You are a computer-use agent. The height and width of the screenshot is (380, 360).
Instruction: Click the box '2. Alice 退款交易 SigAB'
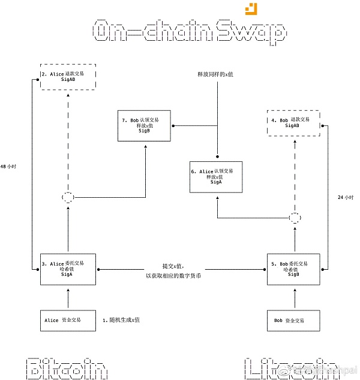click(67, 76)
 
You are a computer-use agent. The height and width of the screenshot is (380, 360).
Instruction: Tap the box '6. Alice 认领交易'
click(217, 177)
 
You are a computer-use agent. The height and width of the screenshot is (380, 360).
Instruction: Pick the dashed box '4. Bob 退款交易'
click(293, 123)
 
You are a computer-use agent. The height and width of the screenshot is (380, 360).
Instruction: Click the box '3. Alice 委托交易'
click(67, 269)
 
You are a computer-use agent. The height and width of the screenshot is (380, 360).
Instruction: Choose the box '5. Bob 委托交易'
click(294, 269)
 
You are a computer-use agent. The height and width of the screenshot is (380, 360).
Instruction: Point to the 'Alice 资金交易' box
click(67, 321)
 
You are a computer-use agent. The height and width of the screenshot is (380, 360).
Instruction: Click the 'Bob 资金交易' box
click(294, 321)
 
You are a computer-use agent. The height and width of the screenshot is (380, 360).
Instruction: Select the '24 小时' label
click(346, 197)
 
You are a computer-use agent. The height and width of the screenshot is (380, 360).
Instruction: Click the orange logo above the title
click(251, 8)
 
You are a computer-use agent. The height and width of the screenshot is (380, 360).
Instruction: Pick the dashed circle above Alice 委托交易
click(68, 197)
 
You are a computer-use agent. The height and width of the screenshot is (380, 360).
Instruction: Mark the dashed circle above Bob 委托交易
click(294, 217)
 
